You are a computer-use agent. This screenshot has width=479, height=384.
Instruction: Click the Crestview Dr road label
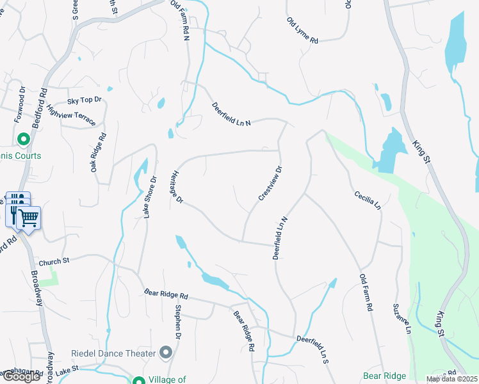(x=270, y=184)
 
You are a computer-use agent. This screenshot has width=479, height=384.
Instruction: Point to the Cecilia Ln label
(x=368, y=200)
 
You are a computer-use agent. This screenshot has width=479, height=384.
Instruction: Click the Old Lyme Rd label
(x=302, y=30)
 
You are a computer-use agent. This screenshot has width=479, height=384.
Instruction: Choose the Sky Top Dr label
(x=85, y=100)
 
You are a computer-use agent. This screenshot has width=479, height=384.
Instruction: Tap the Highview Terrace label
(x=71, y=116)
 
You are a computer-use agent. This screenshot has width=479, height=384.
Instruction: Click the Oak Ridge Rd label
(x=98, y=152)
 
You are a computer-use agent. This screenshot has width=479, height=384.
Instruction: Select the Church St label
(x=53, y=262)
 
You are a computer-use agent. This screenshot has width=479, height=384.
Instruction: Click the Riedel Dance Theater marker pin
(x=166, y=353)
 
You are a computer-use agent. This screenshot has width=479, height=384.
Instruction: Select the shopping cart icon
(x=28, y=218)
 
